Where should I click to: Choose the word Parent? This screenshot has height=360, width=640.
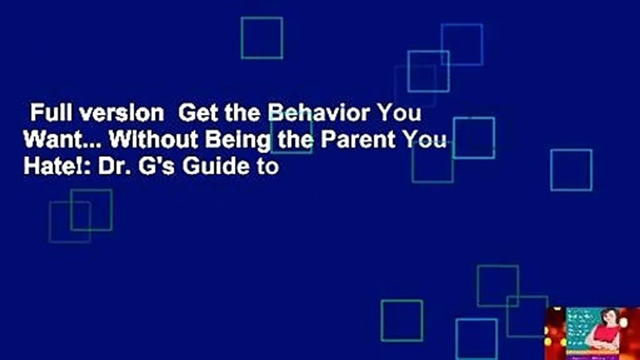(361, 141)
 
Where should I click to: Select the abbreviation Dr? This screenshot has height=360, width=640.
(110, 167)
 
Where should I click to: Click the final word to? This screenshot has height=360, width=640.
(268, 167)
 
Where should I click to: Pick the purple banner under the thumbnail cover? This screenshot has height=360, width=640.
(592, 355)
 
